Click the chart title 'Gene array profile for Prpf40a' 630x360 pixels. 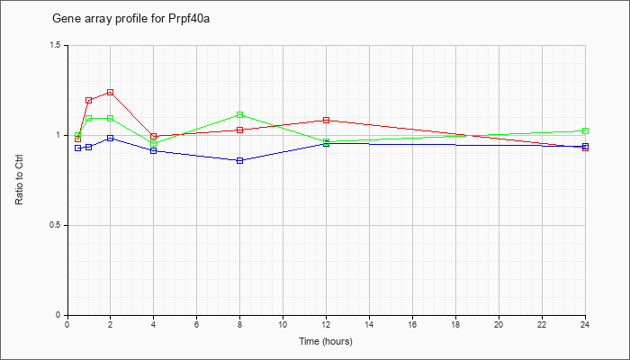tap(131, 19)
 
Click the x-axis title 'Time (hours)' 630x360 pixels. tap(326, 341)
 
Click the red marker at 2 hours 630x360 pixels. tap(110, 93)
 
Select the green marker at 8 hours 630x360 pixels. tap(240, 115)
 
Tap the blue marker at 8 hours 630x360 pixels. tap(240, 161)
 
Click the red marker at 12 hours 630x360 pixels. tap(326, 120)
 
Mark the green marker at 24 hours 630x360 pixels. tap(585, 131)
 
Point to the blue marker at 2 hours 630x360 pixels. tap(110, 139)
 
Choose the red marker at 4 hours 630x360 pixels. tap(153, 137)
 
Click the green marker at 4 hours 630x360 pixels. tap(153, 144)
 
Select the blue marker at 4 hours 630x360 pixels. tap(153, 150)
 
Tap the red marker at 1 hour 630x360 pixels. tap(89, 101)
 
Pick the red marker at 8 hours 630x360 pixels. tap(240, 130)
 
